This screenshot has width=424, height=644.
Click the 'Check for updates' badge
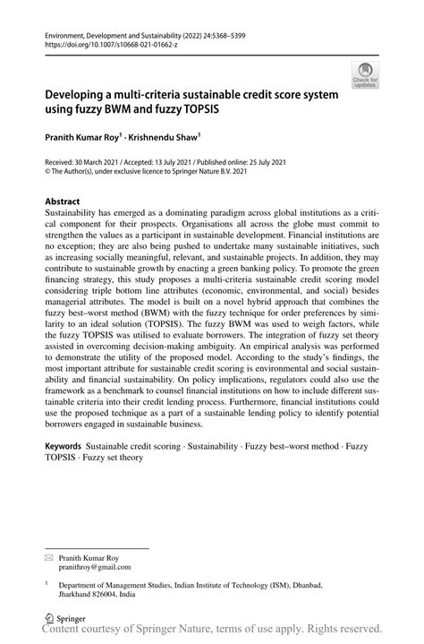(366, 74)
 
